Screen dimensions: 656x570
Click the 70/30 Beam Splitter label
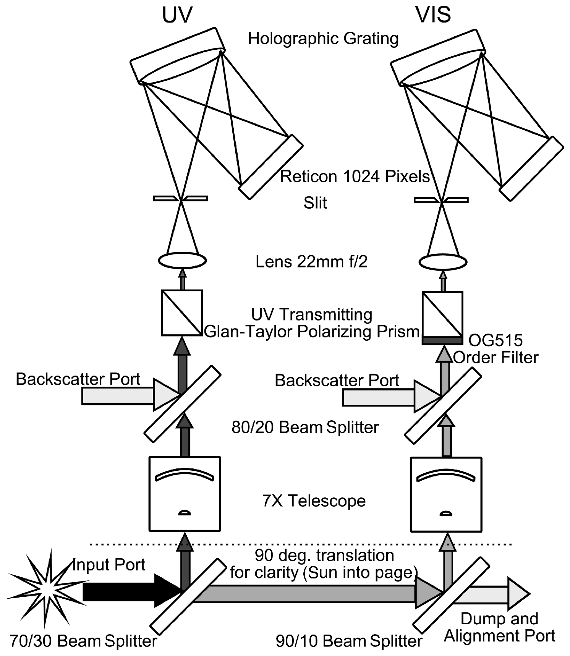point(83,641)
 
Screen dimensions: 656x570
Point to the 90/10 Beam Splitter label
point(349,641)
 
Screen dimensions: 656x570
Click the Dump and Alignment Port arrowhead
point(518,594)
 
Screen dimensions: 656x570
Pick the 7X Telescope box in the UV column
point(185,494)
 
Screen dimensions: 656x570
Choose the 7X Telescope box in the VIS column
point(446,494)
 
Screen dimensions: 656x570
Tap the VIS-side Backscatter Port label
point(337,380)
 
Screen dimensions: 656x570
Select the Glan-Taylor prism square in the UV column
point(182,313)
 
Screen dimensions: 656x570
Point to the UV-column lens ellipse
point(182,261)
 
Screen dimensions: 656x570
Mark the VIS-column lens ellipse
point(443,262)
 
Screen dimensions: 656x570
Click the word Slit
point(315,203)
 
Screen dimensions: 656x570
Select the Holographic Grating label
point(323,39)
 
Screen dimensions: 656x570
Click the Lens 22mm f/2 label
point(311,262)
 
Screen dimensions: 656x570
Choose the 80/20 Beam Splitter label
point(305,427)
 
